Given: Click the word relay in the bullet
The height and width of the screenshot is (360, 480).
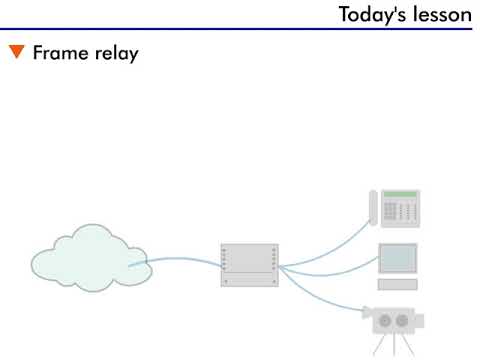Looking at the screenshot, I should click(x=114, y=53).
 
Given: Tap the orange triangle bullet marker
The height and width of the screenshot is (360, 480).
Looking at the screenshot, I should click(x=17, y=53).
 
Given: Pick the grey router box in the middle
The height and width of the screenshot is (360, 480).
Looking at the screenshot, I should click(x=249, y=265).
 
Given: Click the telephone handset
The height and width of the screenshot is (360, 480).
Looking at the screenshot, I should click(x=375, y=208).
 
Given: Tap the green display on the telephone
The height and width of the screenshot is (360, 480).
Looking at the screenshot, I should click(x=401, y=194).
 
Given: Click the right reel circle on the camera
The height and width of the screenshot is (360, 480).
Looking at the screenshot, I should click(x=403, y=321).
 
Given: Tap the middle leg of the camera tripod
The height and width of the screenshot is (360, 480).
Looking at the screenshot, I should click(x=393, y=345).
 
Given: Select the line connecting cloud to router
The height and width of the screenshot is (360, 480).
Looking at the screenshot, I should click(x=180, y=260).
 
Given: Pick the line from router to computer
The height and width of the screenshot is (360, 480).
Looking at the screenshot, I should click(x=330, y=269).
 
